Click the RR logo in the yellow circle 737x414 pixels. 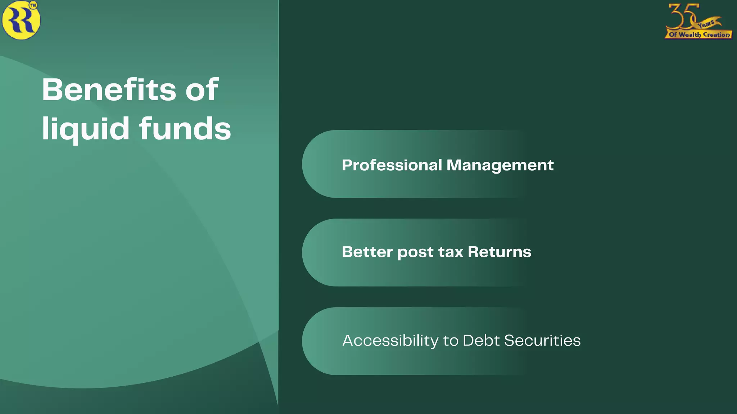point(21,20)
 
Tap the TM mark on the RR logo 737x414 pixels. point(33,5)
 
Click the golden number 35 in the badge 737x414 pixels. point(682,16)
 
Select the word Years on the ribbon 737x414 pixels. point(706,24)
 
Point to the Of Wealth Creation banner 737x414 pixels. point(698,35)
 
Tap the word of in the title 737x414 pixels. point(202,89)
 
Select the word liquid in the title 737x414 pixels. point(86,128)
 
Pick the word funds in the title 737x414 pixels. point(185,128)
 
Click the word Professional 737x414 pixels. point(392,165)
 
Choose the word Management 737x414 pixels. point(500,165)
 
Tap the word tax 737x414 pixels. point(451,252)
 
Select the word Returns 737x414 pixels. point(499,252)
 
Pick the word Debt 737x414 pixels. point(481,340)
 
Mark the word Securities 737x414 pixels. point(542,340)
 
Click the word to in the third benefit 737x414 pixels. point(450,341)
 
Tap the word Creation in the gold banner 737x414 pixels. point(716,35)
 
